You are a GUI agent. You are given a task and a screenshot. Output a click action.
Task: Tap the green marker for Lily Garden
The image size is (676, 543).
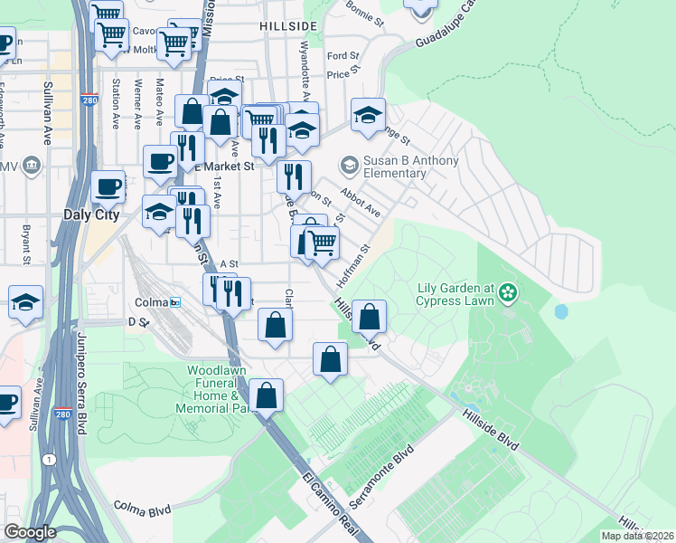(508, 291)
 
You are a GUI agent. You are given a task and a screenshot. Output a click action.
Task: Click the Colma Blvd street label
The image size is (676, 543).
(142, 510)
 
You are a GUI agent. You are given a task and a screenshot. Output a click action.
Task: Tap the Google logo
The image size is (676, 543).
(30, 532)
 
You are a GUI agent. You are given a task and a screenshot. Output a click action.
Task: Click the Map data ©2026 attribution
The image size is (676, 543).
(637, 536)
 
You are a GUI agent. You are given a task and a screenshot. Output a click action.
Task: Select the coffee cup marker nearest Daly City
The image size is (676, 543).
(108, 188)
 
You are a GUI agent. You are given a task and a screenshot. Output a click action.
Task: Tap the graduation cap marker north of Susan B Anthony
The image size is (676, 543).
(368, 115)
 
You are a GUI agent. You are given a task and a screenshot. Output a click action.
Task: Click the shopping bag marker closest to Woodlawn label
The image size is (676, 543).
(266, 395)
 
